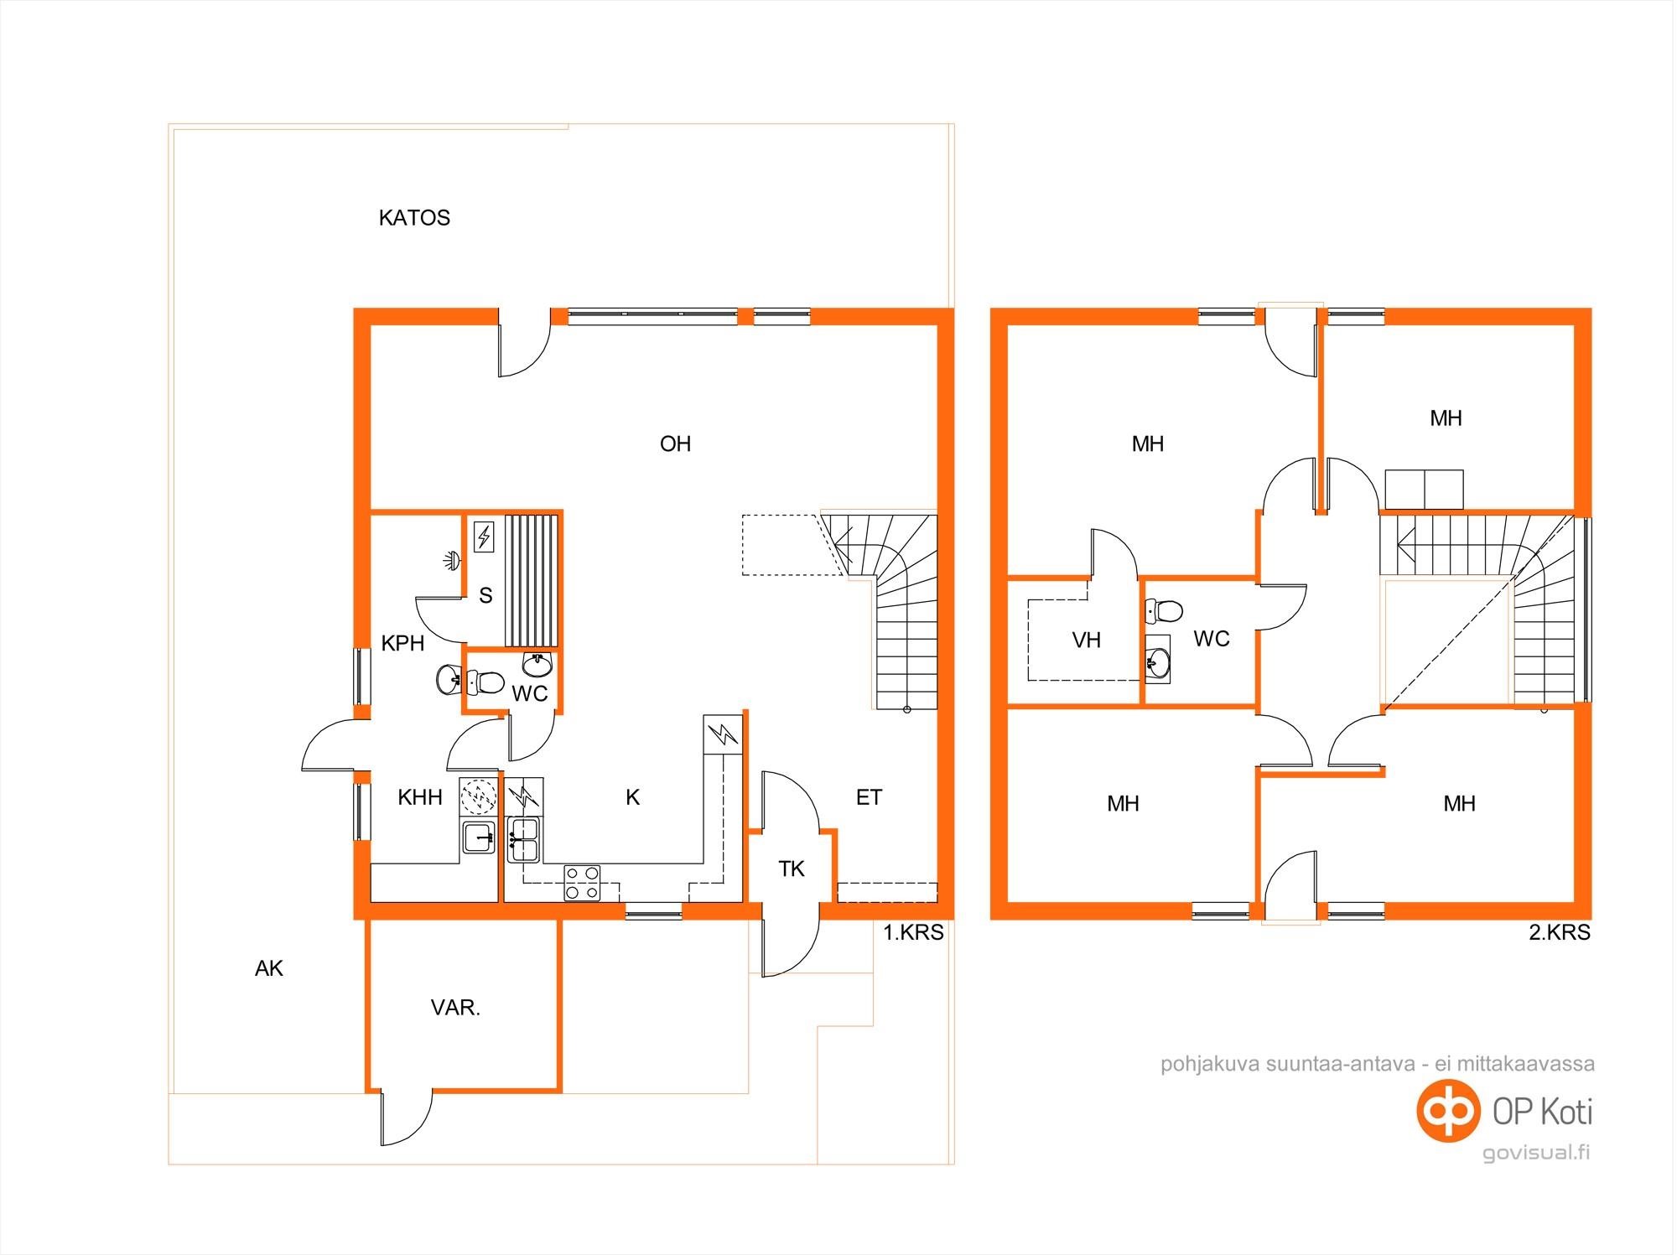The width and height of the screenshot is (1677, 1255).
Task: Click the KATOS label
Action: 414,218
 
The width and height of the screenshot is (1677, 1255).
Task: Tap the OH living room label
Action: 675,443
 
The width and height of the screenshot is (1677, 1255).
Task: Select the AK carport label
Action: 269,968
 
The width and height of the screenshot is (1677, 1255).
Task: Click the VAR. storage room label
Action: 455,1008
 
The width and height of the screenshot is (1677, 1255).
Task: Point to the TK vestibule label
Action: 792,869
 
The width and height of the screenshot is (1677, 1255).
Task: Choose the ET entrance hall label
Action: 869,797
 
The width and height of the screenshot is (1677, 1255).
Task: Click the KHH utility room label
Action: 420,797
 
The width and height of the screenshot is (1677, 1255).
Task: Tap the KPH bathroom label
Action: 402,643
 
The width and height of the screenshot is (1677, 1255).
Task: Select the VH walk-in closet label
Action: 1087,640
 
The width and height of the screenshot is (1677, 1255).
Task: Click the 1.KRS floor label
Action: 913,932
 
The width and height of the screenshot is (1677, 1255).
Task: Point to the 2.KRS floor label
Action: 1560,932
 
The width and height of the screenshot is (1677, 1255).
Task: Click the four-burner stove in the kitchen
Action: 582,883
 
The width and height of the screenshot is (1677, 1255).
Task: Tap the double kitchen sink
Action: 524,840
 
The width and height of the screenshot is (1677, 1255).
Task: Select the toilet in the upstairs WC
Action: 1164,611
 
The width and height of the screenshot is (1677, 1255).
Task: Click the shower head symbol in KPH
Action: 453,561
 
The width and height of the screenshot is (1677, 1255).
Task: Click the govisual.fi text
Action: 1536,1153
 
